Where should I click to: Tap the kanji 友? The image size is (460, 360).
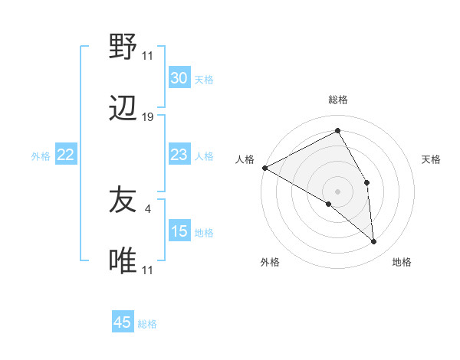[x=123, y=200]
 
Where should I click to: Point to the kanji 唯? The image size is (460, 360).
[x=123, y=261]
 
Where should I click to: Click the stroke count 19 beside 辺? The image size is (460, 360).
[x=148, y=117]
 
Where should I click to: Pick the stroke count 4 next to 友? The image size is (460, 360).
[x=148, y=208]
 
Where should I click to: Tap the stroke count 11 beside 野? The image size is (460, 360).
[x=148, y=55]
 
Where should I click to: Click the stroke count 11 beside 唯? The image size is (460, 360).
[x=148, y=270]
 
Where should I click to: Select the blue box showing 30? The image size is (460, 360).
[x=179, y=78]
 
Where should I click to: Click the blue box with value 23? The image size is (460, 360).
[x=179, y=155]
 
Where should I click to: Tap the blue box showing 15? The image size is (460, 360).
[x=179, y=231]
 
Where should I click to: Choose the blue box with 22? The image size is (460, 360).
[x=66, y=155]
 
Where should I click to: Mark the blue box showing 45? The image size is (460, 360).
[x=123, y=322]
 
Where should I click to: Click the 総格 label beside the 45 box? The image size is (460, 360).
[x=147, y=324]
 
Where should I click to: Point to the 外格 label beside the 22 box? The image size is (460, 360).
[x=41, y=156]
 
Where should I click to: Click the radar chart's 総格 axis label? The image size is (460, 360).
[x=337, y=100]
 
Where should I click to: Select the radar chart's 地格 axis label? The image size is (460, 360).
[x=402, y=263]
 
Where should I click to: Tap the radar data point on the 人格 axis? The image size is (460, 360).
[x=264, y=168]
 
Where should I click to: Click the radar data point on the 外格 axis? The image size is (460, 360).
[x=329, y=204]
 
